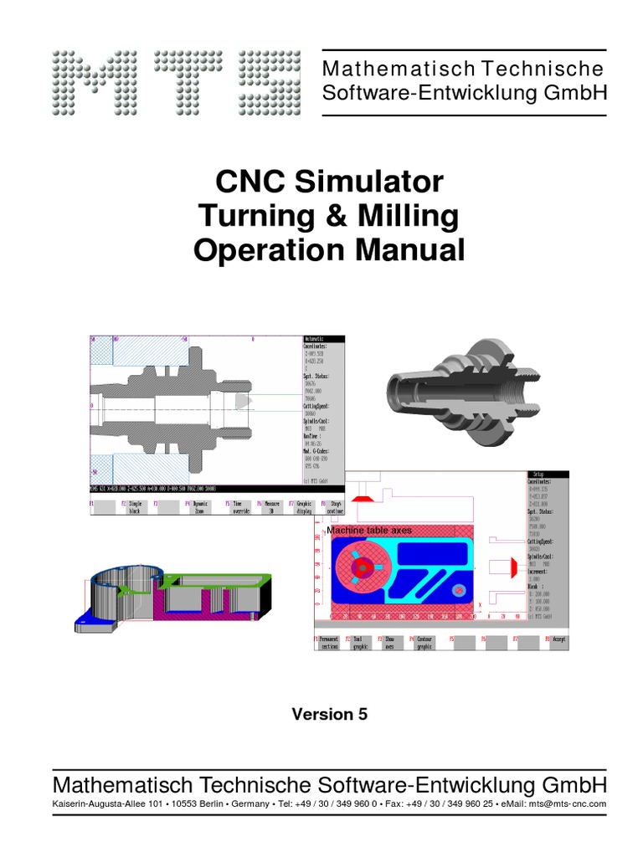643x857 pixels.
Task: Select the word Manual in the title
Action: pyautogui.click(x=409, y=250)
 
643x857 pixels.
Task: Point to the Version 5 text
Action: pyautogui.click(x=329, y=714)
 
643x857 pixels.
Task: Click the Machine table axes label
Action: pyautogui.click(x=369, y=531)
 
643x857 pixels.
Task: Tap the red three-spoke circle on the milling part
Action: pyautogui.click(x=364, y=568)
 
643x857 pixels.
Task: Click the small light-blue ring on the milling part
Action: pyautogui.click(x=459, y=591)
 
